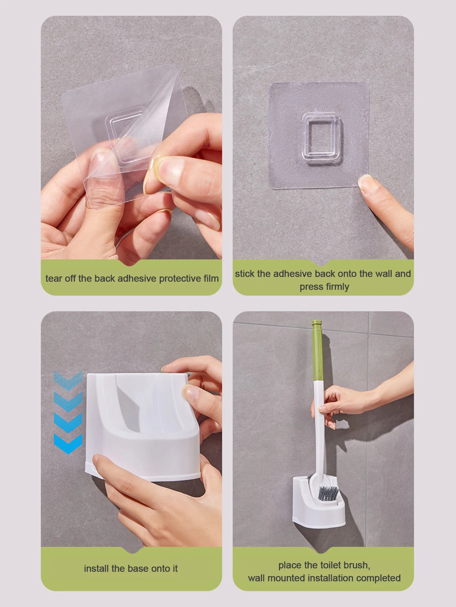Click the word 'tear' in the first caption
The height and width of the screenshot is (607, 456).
point(54,279)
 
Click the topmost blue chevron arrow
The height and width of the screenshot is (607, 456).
point(68,380)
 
